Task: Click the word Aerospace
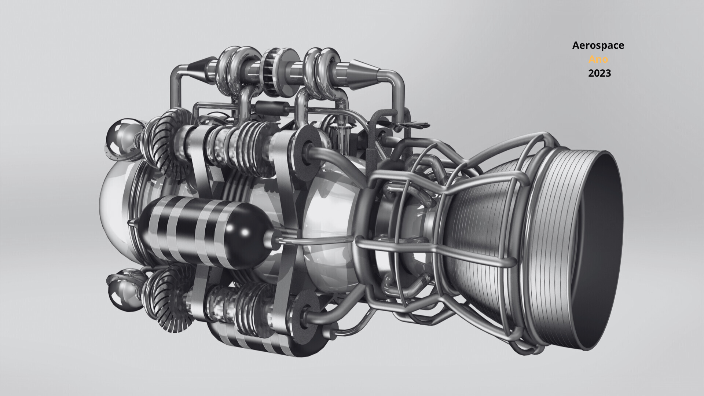[598, 45]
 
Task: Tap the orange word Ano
[598, 59]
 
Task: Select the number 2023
[599, 73]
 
